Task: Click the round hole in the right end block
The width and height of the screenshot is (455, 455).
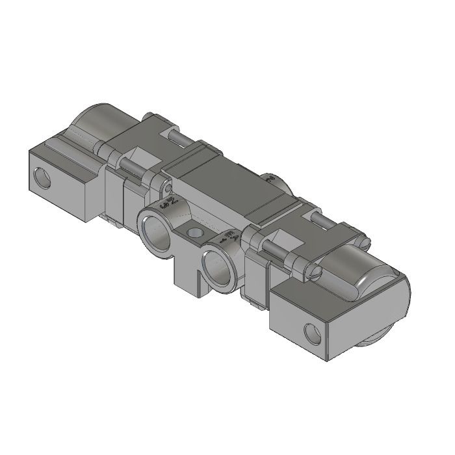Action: [312, 333]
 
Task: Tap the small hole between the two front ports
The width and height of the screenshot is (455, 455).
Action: [193, 232]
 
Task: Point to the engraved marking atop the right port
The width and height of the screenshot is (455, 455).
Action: [229, 236]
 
